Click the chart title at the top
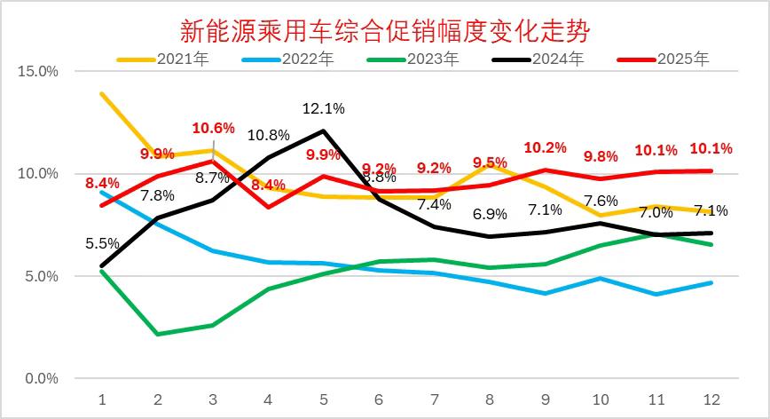(x=385, y=31)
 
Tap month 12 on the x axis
(x=711, y=399)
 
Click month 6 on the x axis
(x=378, y=399)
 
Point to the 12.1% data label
(x=324, y=108)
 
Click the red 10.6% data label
(x=213, y=128)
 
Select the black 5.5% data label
(x=103, y=241)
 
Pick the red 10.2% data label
(x=545, y=147)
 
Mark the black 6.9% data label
(x=490, y=214)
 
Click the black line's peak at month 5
(x=323, y=131)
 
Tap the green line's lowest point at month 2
(x=157, y=334)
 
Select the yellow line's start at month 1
(x=102, y=93)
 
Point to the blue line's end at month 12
(x=711, y=283)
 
